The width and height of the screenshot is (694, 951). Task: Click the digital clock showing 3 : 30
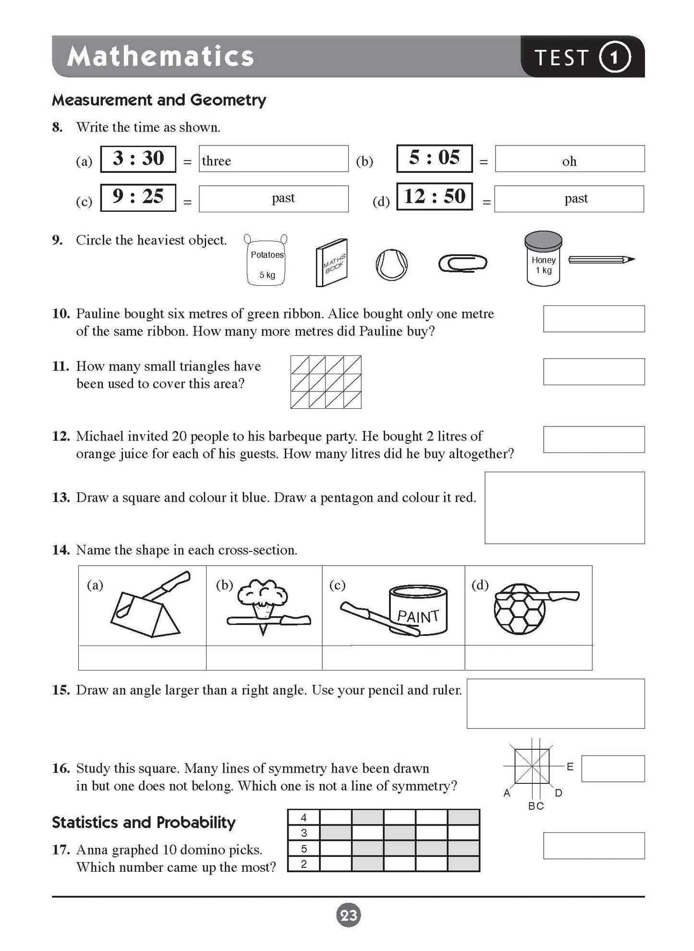(x=138, y=159)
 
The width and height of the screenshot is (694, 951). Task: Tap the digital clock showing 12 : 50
(x=435, y=196)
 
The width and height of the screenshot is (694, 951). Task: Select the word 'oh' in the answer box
(x=569, y=161)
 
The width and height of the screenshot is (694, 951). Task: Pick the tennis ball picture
(x=391, y=265)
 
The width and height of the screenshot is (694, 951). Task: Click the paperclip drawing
(x=463, y=263)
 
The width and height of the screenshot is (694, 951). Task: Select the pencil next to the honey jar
(x=601, y=260)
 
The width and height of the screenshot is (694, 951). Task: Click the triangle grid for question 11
(x=326, y=382)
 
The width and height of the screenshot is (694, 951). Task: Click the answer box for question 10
(x=594, y=318)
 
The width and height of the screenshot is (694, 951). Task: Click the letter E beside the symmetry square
(x=570, y=767)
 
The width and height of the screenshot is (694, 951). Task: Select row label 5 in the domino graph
(x=304, y=849)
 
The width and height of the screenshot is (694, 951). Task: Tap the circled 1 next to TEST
(x=614, y=57)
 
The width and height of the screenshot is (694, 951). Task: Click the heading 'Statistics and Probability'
(x=144, y=822)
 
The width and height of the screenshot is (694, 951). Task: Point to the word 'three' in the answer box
(x=216, y=161)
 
